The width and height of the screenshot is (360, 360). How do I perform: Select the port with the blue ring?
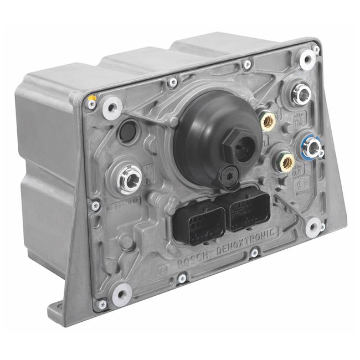[312, 148]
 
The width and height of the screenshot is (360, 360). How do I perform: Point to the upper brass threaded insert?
[269, 120]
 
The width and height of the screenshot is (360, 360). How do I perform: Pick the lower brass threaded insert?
[287, 162]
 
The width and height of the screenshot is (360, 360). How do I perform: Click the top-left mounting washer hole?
[112, 107]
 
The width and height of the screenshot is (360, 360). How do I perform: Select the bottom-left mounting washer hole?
[122, 294]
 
